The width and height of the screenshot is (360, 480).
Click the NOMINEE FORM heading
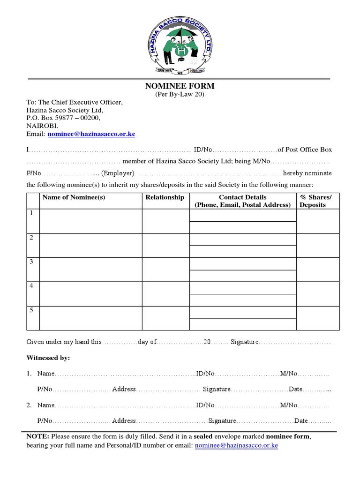pyautogui.click(x=180, y=86)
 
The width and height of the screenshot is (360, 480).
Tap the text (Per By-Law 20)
pyautogui.click(x=180, y=94)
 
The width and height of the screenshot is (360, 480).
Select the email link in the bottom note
pyautogui.click(x=236, y=445)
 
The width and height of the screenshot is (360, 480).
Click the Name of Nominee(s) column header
pyautogui.click(x=74, y=197)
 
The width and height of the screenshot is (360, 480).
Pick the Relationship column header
pyautogui.click(x=165, y=197)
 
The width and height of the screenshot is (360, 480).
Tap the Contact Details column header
pyautogui.click(x=242, y=201)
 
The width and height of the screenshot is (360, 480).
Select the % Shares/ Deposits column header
pyautogui.click(x=315, y=201)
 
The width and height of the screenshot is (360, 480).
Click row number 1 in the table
pyautogui.click(x=31, y=213)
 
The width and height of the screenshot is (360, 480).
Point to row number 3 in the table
pyautogui.click(x=31, y=262)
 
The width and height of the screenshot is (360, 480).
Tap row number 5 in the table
pyautogui.click(x=31, y=310)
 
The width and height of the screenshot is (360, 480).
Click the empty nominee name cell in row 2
pyautogui.click(x=90, y=245)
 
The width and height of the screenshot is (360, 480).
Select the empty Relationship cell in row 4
pyautogui.click(x=165, y=294)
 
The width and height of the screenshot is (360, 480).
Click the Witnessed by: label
pyautogui.click(x=48, y=358)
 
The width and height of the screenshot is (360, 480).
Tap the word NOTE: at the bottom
pyautogui.click(x=37, y=436)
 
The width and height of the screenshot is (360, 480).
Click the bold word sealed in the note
pyautogui.click(x=203, y=436)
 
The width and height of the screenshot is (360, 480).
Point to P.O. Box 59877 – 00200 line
pyautogui.click(x=63, y=118)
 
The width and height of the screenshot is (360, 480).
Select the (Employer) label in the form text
pyautogui.click(x=118, y=173)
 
